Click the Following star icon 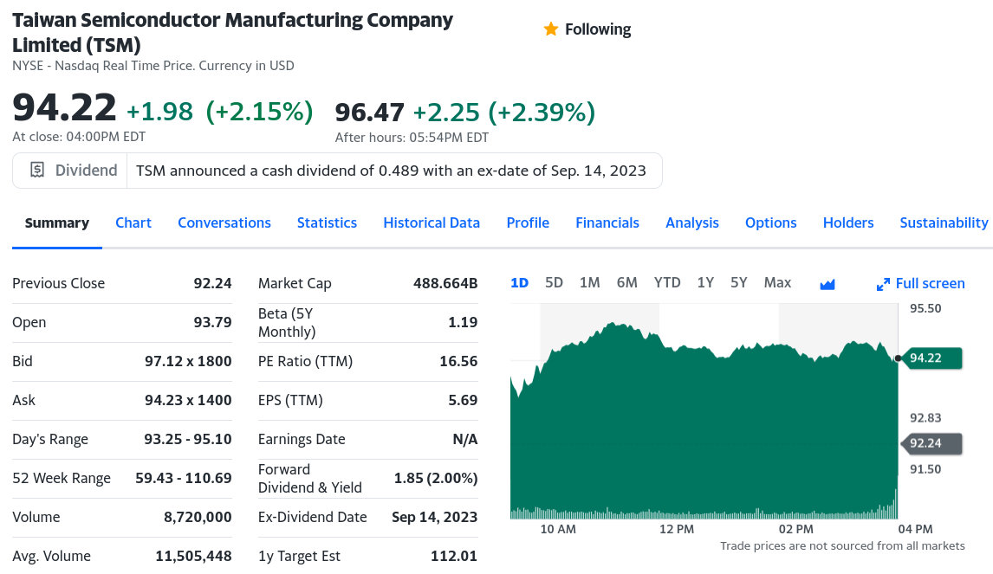tap(550, 29)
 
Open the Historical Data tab tap(432, 223)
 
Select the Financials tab tap(607, 223)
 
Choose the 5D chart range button tap(554, 282)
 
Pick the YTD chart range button tap(667, 282)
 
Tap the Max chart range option tap(777, 282)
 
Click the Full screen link tap(921, 283)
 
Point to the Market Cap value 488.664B tap(445, 283)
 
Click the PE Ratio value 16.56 tap(458, 361)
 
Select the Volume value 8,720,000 tap(198, 517)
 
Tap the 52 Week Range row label tap(62, 478)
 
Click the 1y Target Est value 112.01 tap(454, 556)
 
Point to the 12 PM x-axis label tap(677, 529)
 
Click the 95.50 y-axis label tap(925, 308)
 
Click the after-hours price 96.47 tap(370, 113)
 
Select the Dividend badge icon tap(37, 171)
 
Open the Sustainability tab tap(944, 223)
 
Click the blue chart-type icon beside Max tap(827, 284)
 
